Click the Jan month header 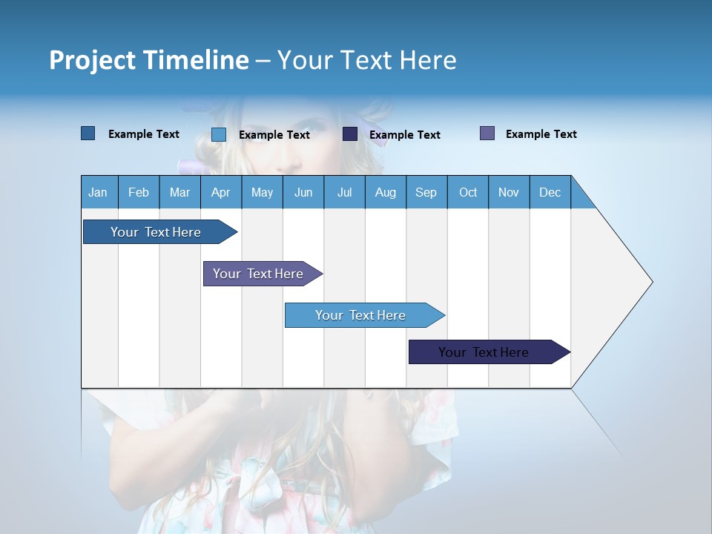(99, 192)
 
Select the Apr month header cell (221, 192)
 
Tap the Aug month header (386, 192)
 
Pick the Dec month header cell (550, 192)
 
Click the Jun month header (303, 192)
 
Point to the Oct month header (468, 192)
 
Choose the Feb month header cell (139, 192)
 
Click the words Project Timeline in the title (148, 60)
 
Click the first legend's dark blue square (88, 133)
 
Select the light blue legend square (219, 134)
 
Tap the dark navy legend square (350, 134)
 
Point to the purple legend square (487, 133)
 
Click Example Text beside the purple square (541, 134)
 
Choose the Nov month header (509, 192)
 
